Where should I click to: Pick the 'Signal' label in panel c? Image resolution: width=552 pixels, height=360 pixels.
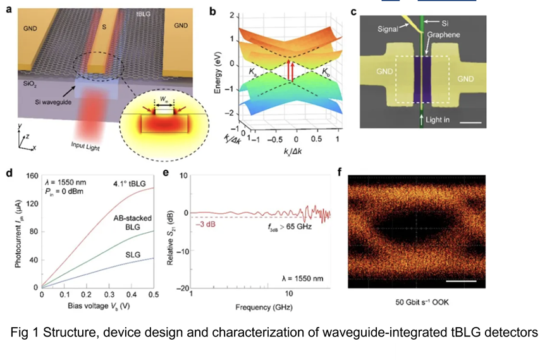coord(385,29)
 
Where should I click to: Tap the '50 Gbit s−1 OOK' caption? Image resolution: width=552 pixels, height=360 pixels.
coord(419,302)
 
